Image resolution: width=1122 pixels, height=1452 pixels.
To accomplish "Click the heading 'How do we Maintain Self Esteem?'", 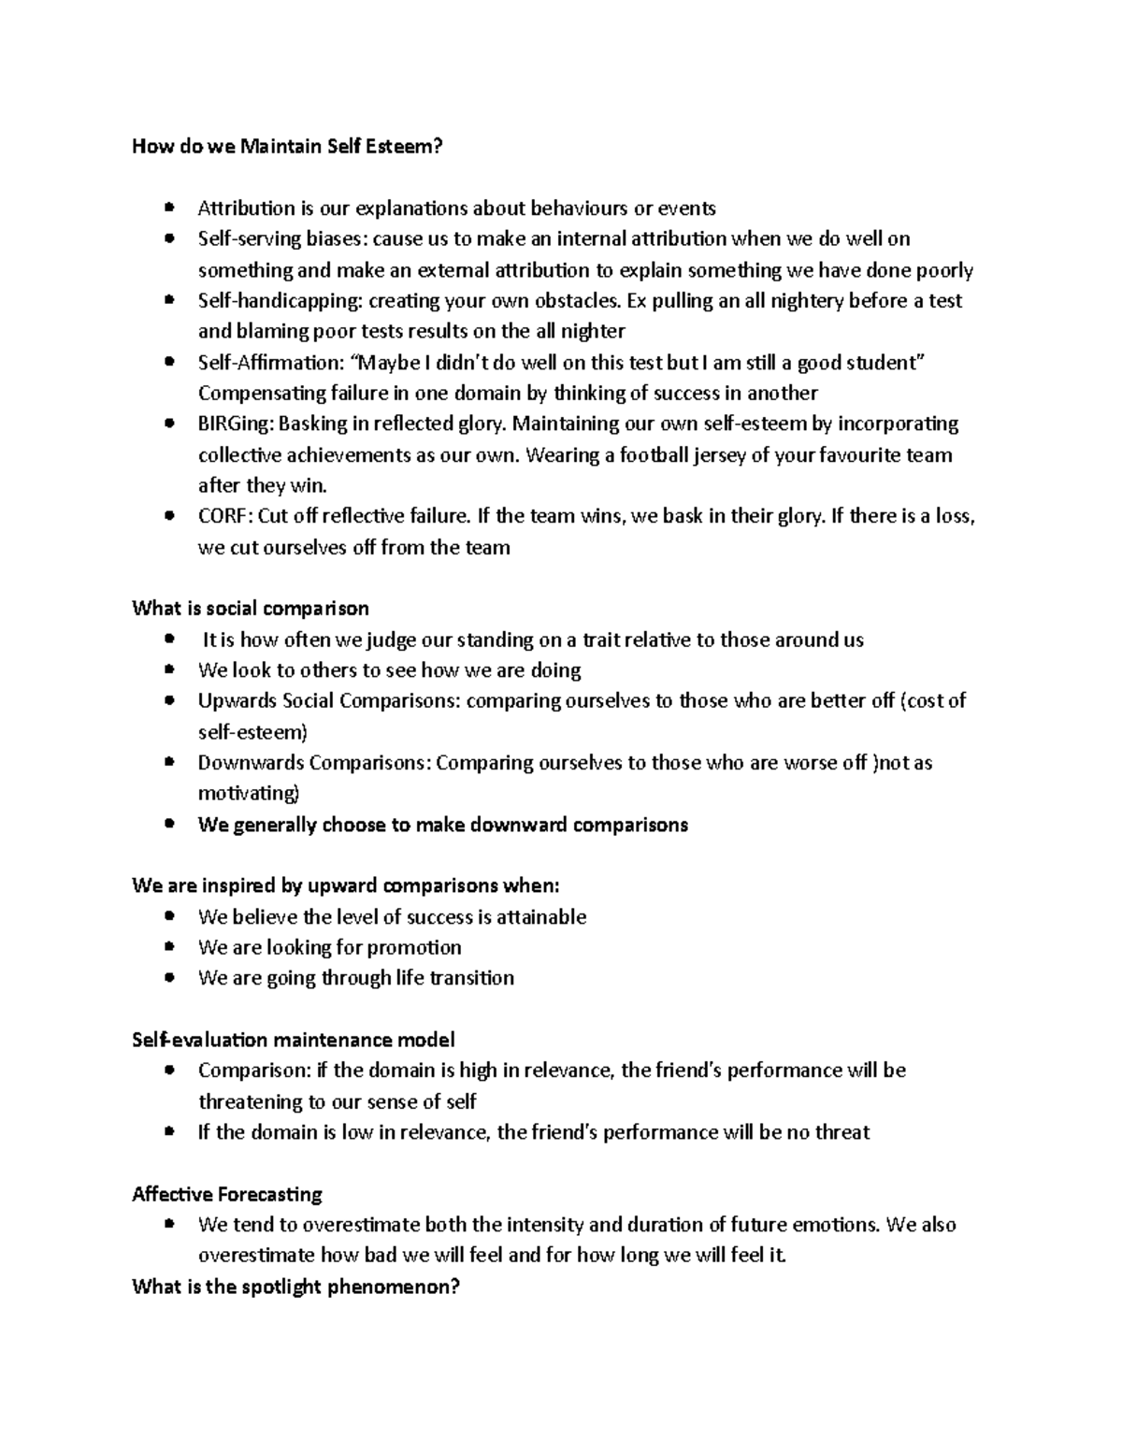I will coord(287,146).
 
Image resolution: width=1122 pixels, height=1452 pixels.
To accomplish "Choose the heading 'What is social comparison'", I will coord(251,609).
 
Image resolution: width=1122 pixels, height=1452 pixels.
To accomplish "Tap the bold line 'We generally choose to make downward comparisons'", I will coord(442,825).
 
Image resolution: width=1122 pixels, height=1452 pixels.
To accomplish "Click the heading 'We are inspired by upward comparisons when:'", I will coord(346,885).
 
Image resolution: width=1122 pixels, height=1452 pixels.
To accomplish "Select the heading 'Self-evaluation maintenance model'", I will coord(294,1040).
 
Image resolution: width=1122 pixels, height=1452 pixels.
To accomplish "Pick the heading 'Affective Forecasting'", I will coord(227,1194).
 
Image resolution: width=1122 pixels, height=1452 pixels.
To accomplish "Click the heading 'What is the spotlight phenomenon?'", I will coord(296,1287).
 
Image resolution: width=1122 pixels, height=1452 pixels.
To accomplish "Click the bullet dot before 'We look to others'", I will coord(168,670).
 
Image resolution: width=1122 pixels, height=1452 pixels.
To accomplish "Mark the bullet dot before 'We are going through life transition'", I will coord(168,978).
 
